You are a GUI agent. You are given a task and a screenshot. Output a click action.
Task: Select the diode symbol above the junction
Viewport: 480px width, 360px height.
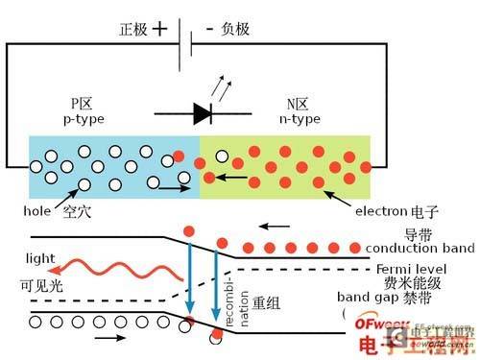[x=204, y=112]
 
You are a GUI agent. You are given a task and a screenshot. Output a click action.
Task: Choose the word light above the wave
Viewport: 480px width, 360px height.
[x=38, y=258]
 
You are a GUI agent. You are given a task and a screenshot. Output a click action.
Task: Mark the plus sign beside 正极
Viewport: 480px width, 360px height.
[x=160, y=28]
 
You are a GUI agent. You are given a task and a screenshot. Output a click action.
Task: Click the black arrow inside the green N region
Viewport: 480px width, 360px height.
[x=228, y=178]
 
